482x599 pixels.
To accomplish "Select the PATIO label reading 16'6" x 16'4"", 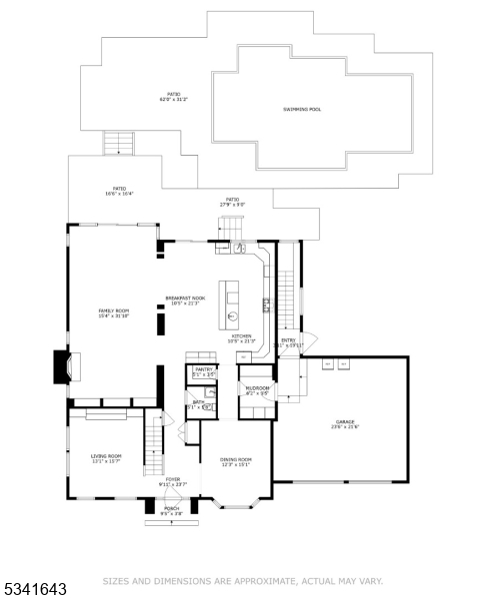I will tap(119, 191).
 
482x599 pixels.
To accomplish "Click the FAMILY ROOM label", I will tap(113, 313).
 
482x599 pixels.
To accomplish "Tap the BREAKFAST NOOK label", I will tap(186, 299).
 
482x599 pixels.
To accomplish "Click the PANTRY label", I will tap(205, 371).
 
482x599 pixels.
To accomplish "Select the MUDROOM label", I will tap(257, 389).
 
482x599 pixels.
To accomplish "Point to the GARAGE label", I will tap(345, 425).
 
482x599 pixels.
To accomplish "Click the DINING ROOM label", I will tap(235, 461).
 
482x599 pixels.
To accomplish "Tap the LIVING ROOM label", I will tap(105, 457).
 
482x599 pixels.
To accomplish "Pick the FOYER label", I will tap(173, 481).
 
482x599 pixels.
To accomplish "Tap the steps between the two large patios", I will tap(119, 143).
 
